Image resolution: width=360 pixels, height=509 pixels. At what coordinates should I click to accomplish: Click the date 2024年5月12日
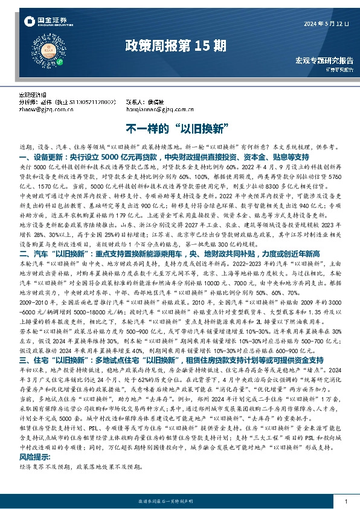[x=326, y=24]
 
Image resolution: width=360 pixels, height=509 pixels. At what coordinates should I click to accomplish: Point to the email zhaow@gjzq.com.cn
[x=45, y=109]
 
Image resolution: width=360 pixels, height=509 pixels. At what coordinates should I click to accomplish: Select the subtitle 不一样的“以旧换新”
[x=179, y=129]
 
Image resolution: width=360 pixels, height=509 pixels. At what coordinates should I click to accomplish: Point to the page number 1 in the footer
[x=344, y=501]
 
